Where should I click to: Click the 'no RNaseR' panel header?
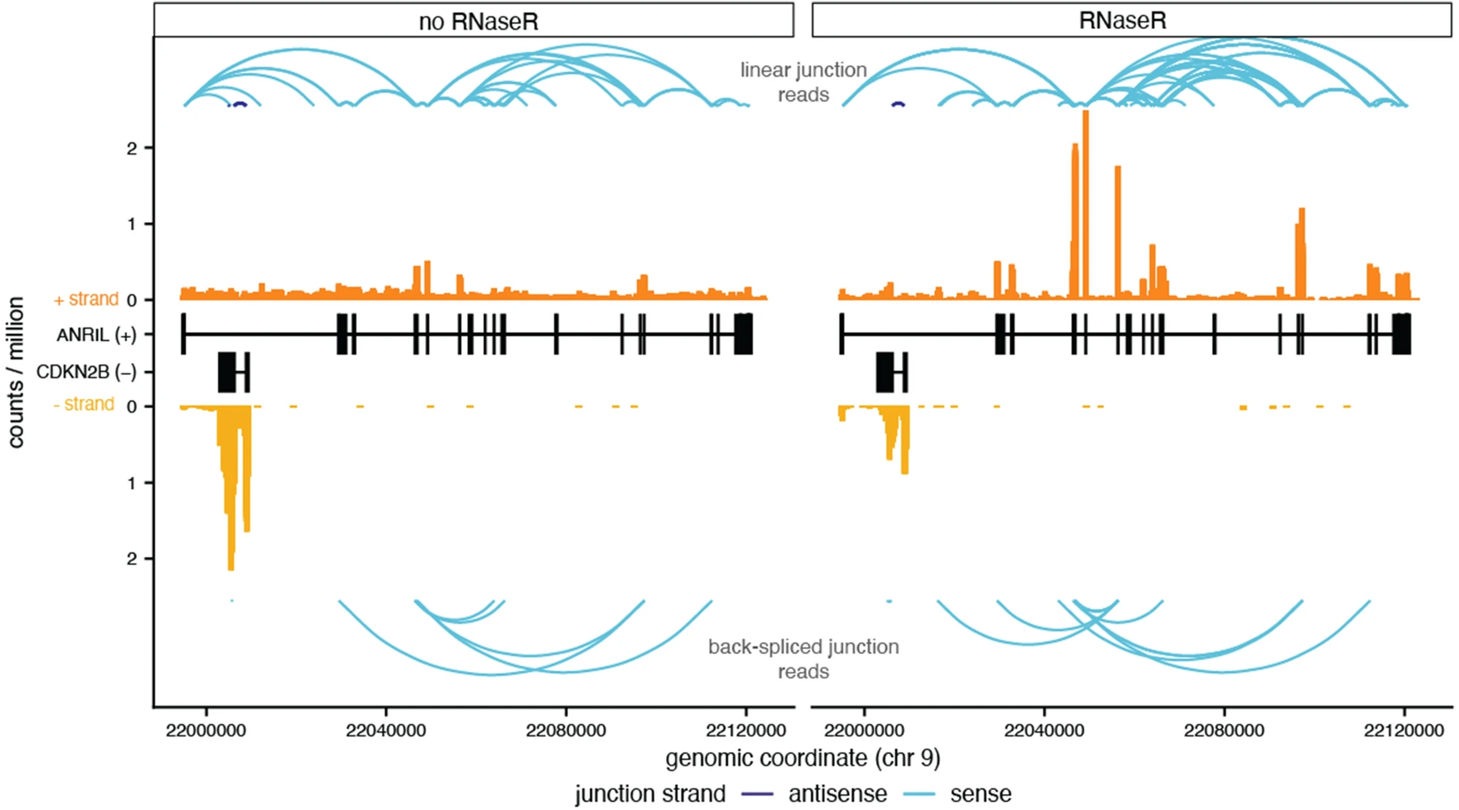(x=478, y=21)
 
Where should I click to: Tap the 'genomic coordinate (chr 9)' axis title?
(x=802, y=758)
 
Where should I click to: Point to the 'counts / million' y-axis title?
(x=16, y=372)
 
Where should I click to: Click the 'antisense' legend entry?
(x=837, y=793)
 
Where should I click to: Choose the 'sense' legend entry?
(x=981, y=793)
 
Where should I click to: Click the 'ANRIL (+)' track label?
(x=96, y=335)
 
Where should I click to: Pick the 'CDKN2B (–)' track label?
(x=86, y=372)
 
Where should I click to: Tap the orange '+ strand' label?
(x=86, y=299)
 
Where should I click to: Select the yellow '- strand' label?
(x=84, y=404)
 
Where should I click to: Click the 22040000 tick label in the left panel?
(x=386, y=730)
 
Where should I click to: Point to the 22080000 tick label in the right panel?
(x=1223, y=730)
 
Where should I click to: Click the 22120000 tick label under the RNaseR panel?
(x=1403, y=730)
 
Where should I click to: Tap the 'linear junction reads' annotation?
(x=803, y=82)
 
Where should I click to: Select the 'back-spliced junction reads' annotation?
(x=803, y=659)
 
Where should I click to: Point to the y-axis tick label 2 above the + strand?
(x=132, y=149)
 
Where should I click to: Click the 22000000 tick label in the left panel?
(x=206, y=730)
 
